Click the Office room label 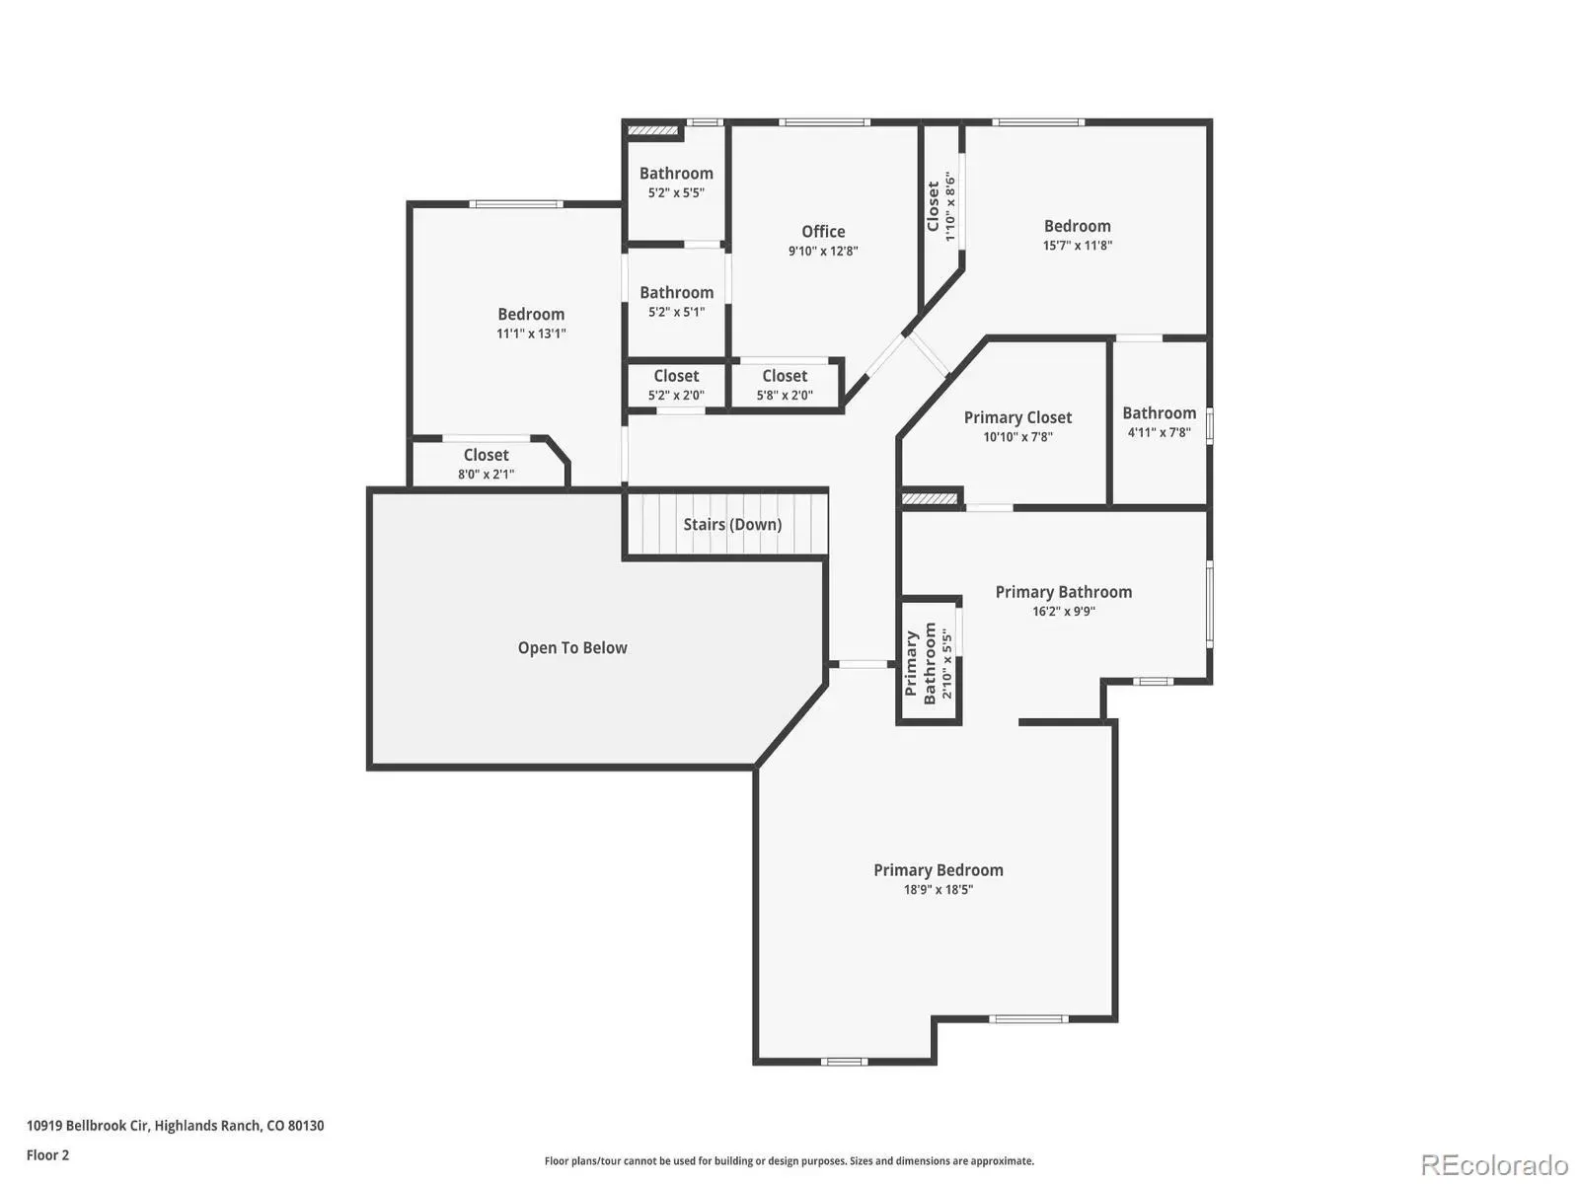click(x=823, y=232)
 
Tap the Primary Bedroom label click(x=939, y=870)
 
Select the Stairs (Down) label click(x=732, y=524)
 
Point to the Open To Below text click(x=572, y=647)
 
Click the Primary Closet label click(x=1017, y=417)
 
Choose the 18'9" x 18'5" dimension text click(x=939, y=889)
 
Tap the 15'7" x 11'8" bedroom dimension click(x=1078, y=245)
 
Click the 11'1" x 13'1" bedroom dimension click(x=531, y=333)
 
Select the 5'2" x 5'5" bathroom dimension click(x=676, y=192)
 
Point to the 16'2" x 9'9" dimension click(x=1064, y=612)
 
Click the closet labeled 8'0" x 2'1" click(x=487, y=464)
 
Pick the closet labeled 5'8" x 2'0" click(x=785, y=385)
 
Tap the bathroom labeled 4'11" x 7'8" click(x=1160, y=422)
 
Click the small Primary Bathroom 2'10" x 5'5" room click(x=929, y=661)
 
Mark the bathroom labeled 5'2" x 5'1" click(x=676, y=302)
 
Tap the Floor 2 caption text click(x=48, y=1155)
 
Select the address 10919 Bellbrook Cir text click(x=87, y=1126)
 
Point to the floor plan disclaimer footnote click(x=789, y=1161)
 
